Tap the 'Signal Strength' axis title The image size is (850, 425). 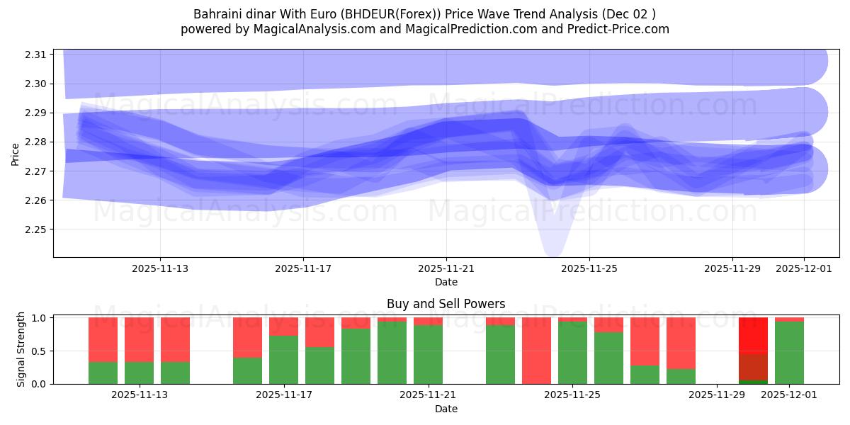point(21,349)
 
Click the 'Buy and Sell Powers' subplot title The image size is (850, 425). point(446,304)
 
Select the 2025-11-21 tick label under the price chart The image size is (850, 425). point(446,268)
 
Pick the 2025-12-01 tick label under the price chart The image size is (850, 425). point(803,268)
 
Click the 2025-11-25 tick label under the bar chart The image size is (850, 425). point(572,395)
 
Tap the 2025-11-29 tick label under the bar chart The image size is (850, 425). point(717,395)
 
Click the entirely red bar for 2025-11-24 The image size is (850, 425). point(536,351)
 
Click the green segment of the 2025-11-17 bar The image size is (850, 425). point(283,360)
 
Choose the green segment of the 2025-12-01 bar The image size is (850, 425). point(789,353)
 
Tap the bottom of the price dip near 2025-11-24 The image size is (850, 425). point(552,251)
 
